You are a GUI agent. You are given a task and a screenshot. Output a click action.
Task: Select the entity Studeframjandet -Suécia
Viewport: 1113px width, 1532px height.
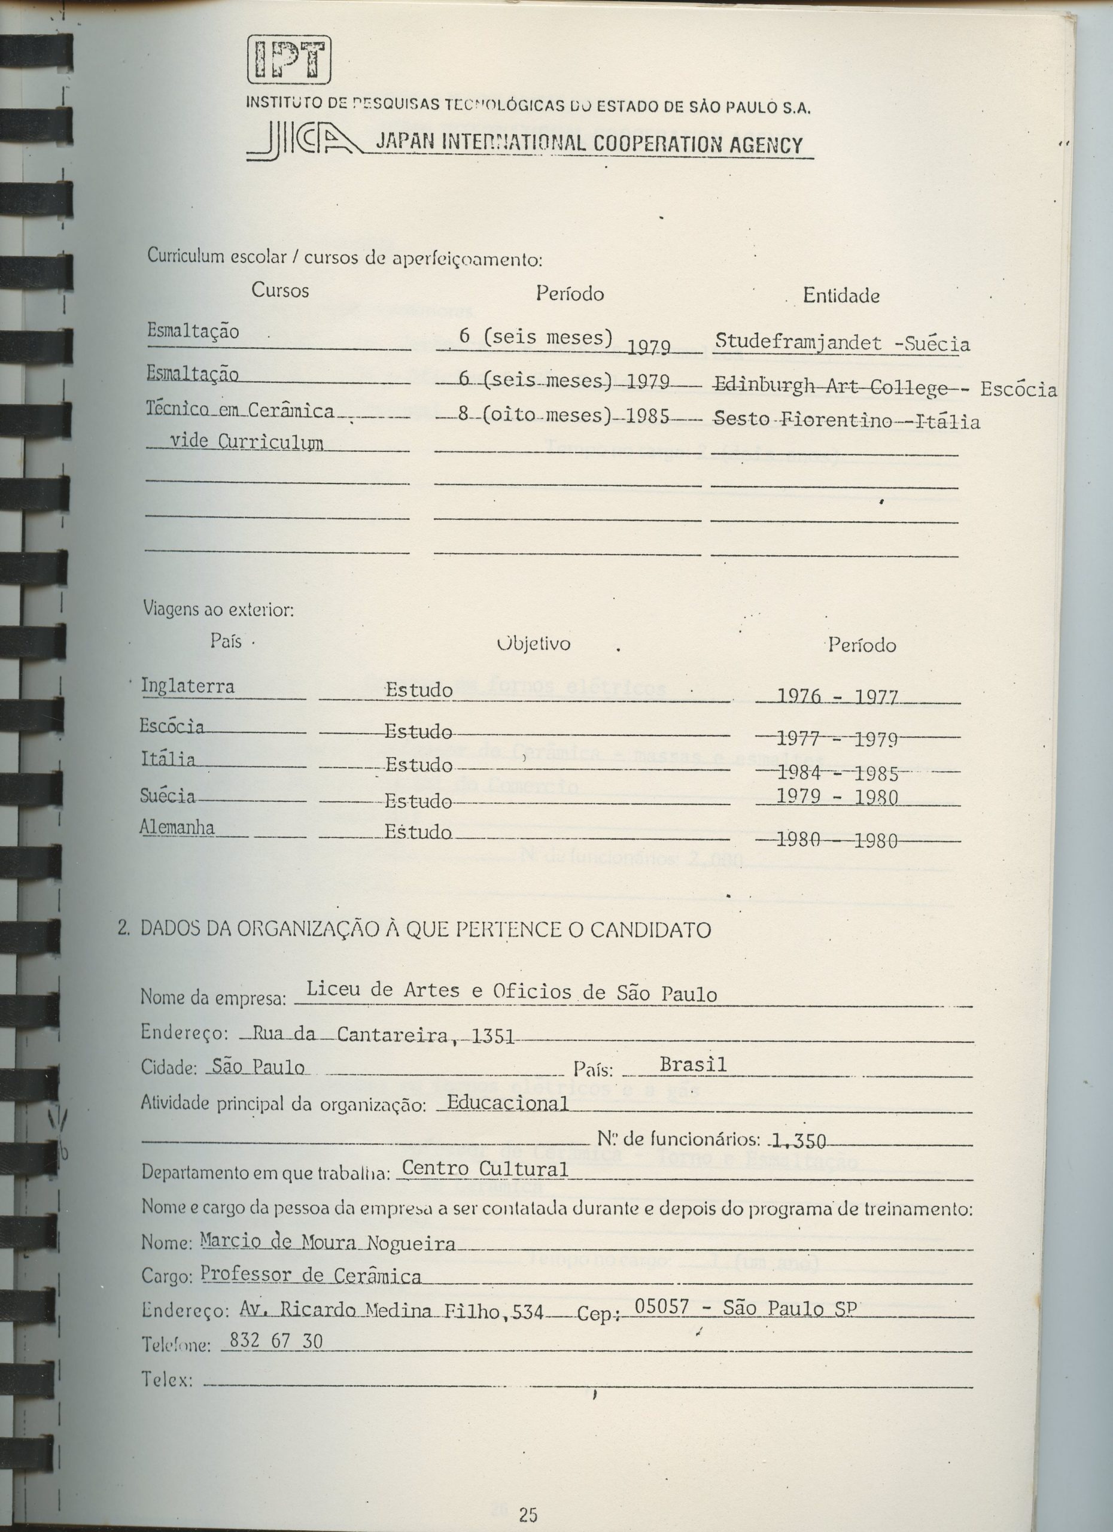(842, 343)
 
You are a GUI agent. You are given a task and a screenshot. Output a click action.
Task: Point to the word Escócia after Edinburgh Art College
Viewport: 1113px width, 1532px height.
(1018, 389)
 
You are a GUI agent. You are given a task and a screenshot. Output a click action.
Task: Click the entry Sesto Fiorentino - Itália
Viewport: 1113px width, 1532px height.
(846, 421)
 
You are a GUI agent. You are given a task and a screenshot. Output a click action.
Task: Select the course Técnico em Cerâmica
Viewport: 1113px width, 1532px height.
(241, 411)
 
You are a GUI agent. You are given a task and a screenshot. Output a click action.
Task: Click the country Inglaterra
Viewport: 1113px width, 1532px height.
(188, 686)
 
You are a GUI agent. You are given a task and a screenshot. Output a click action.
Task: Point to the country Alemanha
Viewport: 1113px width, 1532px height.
(177, 828)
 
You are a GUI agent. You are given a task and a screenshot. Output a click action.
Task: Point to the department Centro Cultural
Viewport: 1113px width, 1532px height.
(483, 1168)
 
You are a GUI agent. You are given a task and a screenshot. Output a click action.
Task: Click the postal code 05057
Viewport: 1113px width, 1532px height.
(662, 1307)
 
